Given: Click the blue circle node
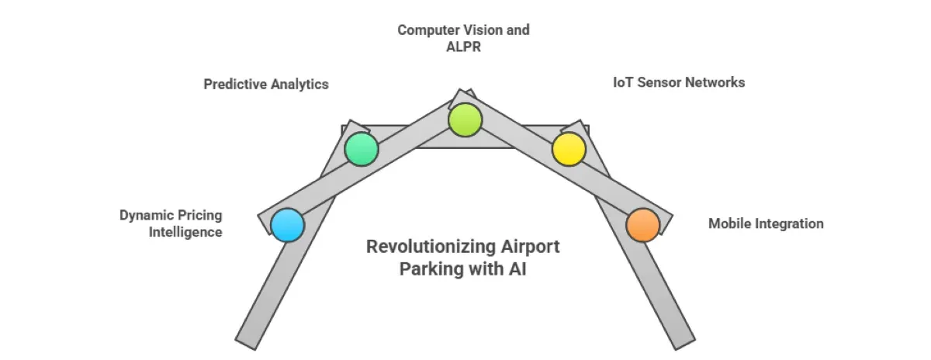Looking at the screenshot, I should pyautogui.click(x=288, y=226).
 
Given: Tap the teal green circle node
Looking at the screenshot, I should pyautogui.click(x=361, y=148).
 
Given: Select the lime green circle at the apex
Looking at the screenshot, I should pyautogui.click(x=465, y=119).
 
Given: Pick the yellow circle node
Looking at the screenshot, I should pyautogui.click(x=569, y=148).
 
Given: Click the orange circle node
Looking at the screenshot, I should pyautogui.click(x=642, y=225).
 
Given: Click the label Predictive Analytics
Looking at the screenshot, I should pyautogui.click(x=266, y=85).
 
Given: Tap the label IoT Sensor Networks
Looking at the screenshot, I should pyautogui.click(x=678, y=82).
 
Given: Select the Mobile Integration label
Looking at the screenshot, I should pyautogui.click(x=766, y=223).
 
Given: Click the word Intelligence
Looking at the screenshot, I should pyautogui.click(x=185, y=231).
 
